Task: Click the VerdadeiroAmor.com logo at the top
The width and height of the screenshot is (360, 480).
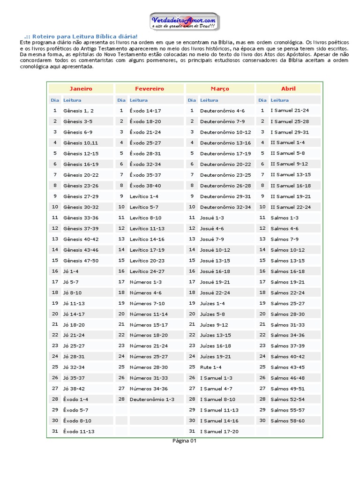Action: (184, 22)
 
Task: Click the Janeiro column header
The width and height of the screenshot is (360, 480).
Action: (81, 89)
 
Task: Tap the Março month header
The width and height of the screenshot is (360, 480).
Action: (220, 89)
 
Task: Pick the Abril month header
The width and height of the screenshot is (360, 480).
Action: (288, 89)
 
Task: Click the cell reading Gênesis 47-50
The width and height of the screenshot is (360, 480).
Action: (81, 261)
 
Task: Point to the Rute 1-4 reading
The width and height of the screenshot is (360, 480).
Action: (211, 367)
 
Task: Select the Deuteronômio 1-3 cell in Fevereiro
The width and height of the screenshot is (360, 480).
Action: (152, 399)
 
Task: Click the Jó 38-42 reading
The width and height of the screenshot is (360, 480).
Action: (74, 389)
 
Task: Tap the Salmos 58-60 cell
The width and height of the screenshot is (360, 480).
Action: (288, 421)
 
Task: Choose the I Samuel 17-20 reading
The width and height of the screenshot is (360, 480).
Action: (219, 431)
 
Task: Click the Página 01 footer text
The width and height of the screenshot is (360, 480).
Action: (184, 441)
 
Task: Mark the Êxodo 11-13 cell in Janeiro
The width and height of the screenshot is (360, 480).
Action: (79, 431)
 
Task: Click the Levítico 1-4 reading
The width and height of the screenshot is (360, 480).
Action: (144, 196)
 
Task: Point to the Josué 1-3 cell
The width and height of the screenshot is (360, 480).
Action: (212, 218)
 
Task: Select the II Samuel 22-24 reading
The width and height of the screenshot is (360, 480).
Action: (291, 207)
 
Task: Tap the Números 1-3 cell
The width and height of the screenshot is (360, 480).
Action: (145, 282)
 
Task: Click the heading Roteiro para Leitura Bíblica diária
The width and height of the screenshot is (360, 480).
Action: (84, 37)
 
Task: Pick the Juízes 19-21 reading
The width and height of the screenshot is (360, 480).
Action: (215, 357)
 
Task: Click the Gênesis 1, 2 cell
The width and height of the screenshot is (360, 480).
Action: (78, 111)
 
